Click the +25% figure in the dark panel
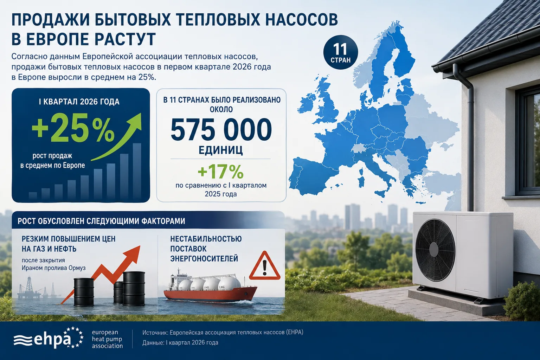tap(73, 130)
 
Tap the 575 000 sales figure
tap(221, 129)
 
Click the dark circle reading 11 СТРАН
tap(341, 52)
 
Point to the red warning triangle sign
tap(265, 266)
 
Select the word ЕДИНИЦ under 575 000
tap(220, 150)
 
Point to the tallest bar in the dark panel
tap(137, 171)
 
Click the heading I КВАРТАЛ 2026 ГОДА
tap(79, 102)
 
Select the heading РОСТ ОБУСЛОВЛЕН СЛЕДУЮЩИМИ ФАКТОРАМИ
tap(101, 221)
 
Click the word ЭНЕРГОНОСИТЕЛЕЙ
tap(204, 258)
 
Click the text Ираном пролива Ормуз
tap(53, 268)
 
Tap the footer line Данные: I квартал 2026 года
tap(180, 342)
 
